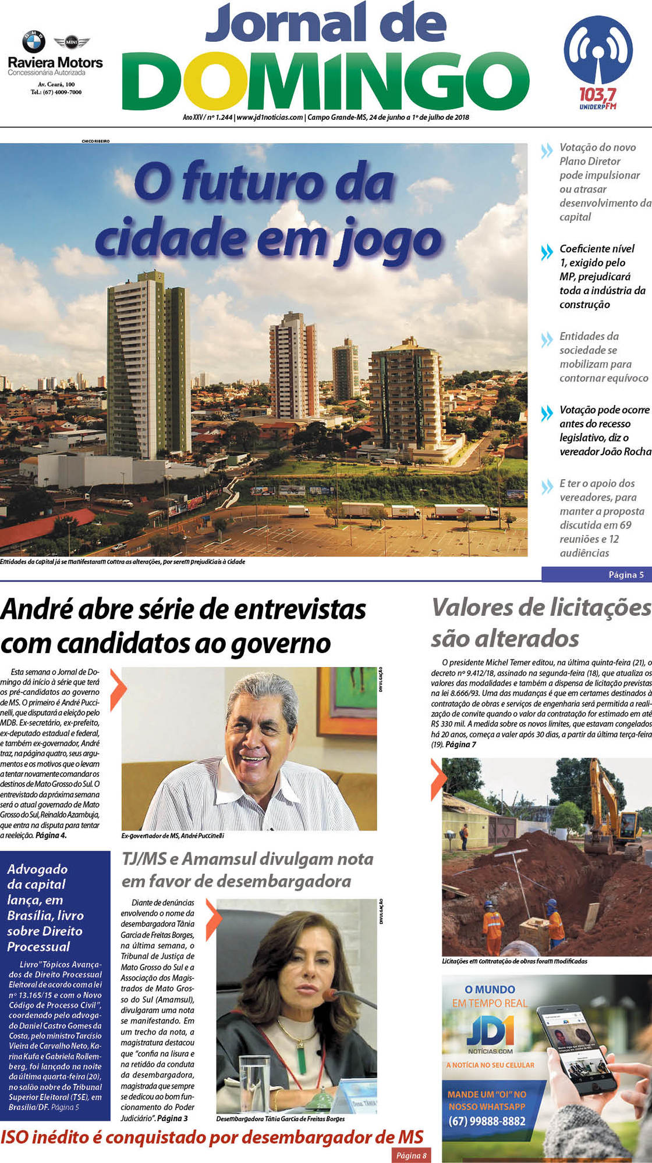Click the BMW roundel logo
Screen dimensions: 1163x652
point(34,42)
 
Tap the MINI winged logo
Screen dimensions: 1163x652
point(72,42)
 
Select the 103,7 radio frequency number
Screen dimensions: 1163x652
point(597,94)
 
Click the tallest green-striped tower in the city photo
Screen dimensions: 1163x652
point(148,361)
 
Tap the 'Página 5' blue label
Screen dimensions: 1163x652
point(626,575)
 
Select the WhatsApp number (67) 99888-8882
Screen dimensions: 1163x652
point(487,1121)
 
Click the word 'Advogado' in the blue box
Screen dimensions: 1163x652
point(37,869)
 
